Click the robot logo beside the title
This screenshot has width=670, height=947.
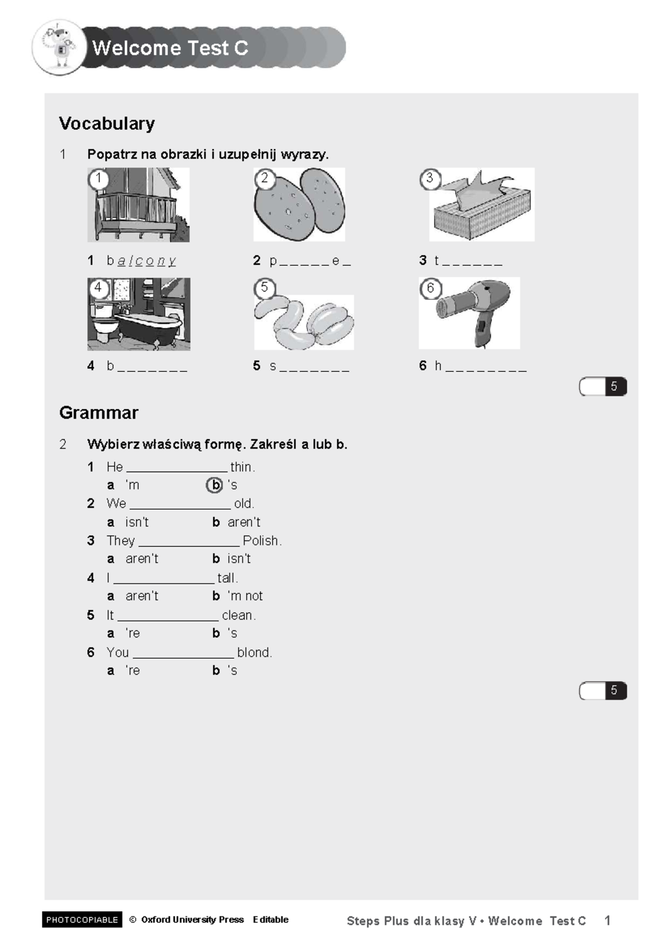(59, 47)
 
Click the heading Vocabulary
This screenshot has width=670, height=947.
(107, 123)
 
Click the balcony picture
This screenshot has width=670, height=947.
(138, 205)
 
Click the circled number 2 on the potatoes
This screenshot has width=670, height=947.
(264, 179)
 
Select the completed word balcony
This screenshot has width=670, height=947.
(146, 261)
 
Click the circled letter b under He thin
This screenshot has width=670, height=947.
(214, 485)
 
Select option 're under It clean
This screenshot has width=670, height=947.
(132, 633)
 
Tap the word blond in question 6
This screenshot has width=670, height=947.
(253, 652)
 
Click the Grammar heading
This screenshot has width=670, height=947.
(99, 413)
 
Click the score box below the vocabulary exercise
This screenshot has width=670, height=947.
(602, 386)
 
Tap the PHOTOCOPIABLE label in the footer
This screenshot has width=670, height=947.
(82, 920)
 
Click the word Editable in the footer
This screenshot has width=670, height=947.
(271, 920)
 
